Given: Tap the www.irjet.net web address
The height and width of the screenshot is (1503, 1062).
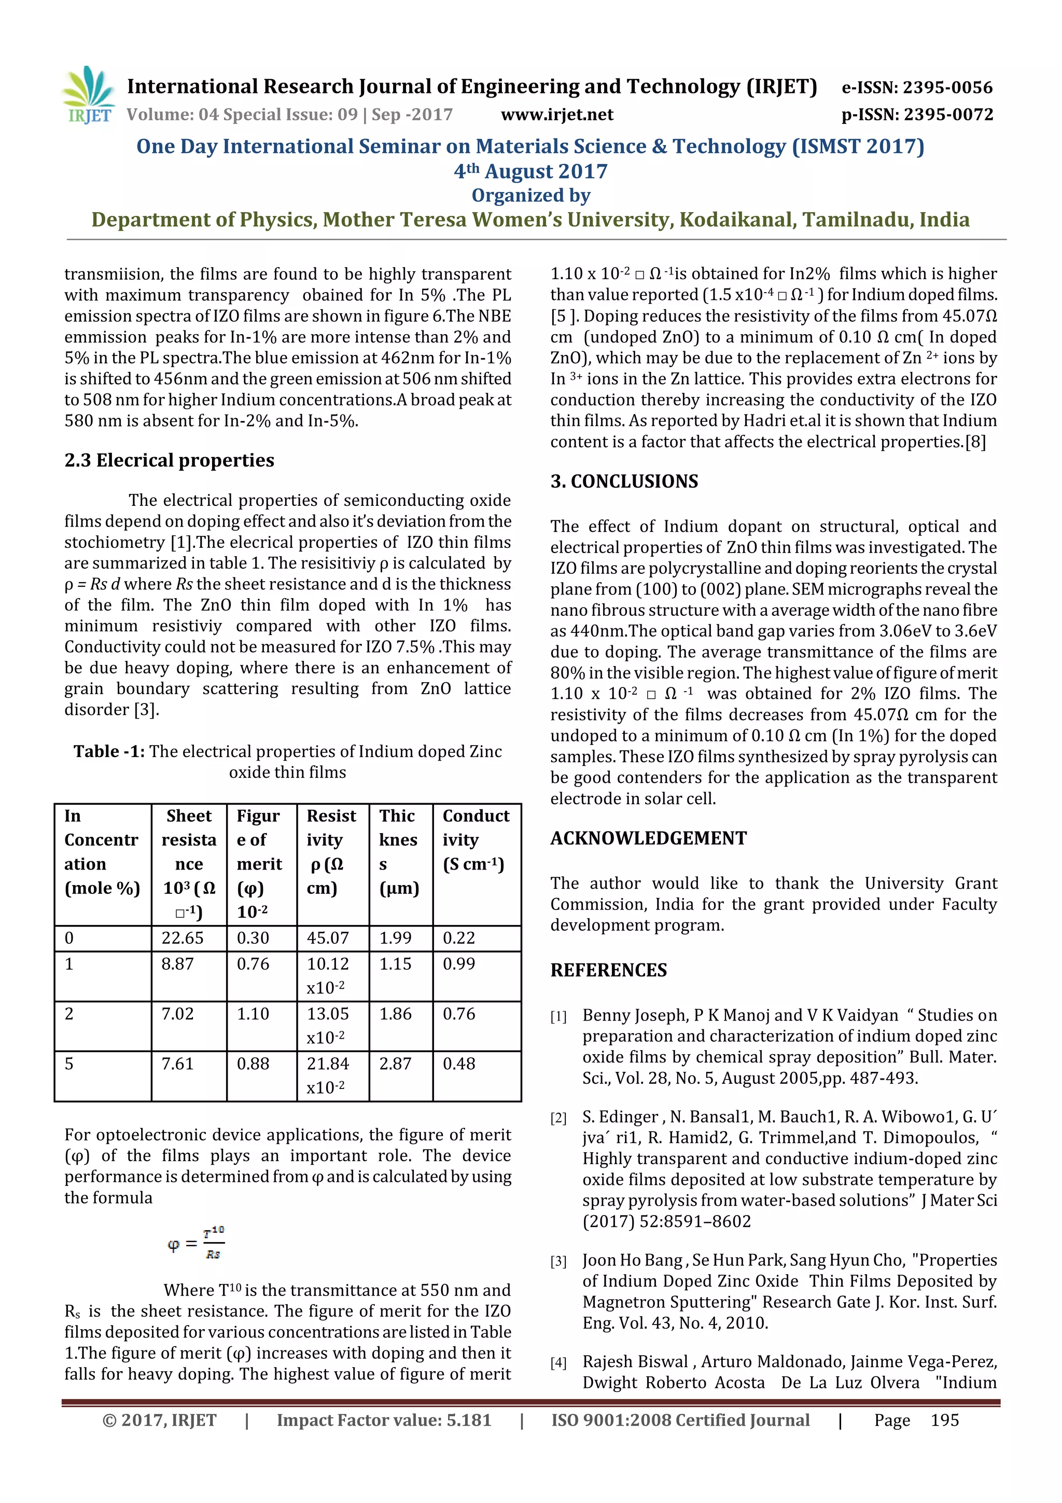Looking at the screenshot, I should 557,115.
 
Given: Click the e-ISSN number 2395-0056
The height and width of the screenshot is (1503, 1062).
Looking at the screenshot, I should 917,88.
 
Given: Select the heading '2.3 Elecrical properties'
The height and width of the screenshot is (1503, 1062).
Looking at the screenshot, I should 169,460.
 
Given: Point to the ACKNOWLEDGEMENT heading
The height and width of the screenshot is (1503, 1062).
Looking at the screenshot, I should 648,838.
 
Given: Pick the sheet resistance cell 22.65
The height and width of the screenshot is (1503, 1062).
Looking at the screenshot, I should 183,938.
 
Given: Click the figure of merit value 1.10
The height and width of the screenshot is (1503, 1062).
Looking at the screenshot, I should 253,1014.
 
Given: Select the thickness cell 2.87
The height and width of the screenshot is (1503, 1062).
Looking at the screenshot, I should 395,1064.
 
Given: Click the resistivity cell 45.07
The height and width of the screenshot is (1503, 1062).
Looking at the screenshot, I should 327,938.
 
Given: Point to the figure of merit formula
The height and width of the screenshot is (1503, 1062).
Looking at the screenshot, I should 195,1243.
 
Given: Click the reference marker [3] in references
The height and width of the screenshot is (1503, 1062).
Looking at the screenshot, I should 558,1261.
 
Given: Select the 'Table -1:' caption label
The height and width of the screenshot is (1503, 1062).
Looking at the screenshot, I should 108,751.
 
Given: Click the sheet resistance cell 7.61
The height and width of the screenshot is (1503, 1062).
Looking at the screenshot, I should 177,1064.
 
